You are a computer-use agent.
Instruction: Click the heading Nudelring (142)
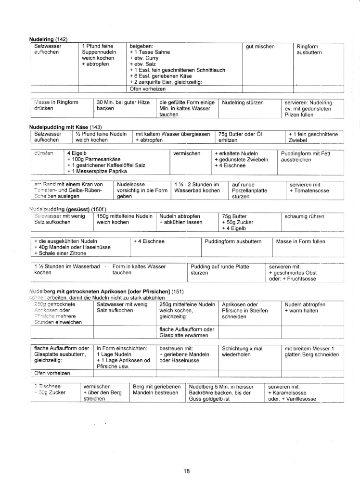(48, 38)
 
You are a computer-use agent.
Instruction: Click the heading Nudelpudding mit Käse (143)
(64, 126)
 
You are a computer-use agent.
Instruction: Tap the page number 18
(186, 471)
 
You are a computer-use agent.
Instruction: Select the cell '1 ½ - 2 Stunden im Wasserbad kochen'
(197, 188)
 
